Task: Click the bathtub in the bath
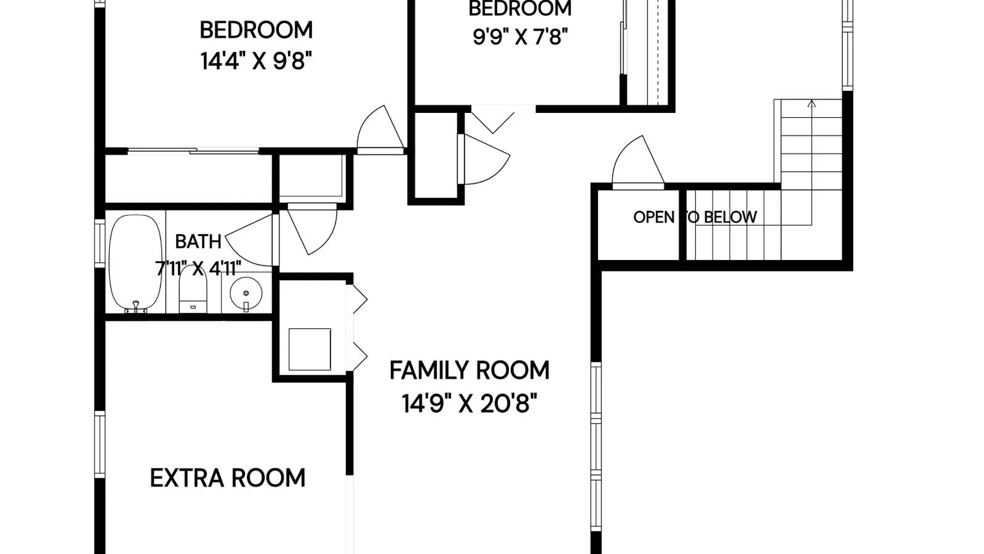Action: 135,263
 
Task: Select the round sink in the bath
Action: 246,294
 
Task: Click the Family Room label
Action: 469,370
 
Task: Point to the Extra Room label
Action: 228,478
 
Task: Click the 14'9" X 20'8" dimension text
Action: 469,404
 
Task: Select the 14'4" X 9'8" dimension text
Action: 256,61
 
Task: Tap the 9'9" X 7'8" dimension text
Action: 520,37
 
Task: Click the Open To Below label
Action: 695,217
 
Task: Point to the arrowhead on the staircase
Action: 811,104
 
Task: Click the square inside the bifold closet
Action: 310,349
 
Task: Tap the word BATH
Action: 198,242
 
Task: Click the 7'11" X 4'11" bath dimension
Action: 198,268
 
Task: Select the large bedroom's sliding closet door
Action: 193,151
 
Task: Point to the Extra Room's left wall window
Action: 100,445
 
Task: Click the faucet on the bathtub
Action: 136,307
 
